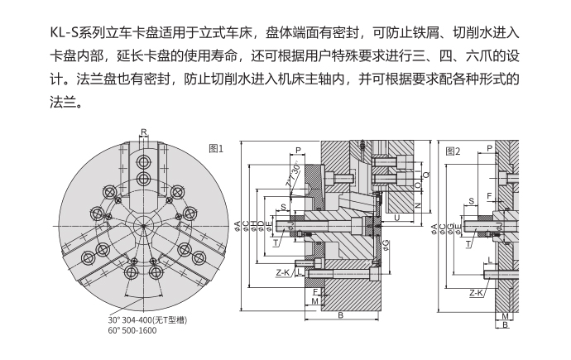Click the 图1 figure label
[217, 149]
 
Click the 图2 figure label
[453, 151]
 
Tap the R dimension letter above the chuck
[143, 132]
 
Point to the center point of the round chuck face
[142, 223]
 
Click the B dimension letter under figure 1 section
[341, 315]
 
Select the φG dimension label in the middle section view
[386, 244]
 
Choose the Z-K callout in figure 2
[477, 292]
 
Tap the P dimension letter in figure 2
[490, 148]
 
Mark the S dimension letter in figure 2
[471, 201]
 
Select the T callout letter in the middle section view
[276, 243]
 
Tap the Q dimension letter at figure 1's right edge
[427, 175]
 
